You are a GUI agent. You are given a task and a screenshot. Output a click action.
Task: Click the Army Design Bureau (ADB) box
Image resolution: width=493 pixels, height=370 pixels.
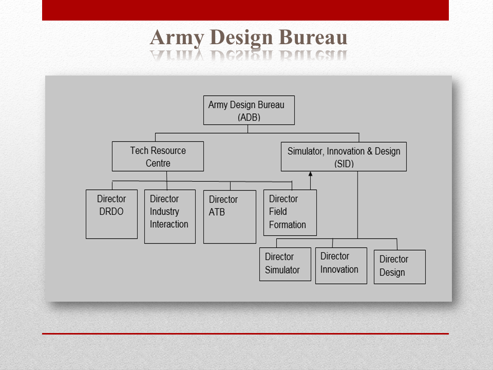(x=249, y=110)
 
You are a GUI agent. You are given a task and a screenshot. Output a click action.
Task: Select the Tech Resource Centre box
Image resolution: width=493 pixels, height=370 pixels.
(x=158, y=156)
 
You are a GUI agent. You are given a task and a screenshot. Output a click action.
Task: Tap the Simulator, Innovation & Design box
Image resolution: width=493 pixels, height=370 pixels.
(x=344, y=157)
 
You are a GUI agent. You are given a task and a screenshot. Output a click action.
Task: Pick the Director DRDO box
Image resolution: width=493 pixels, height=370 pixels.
(x=111, y=214)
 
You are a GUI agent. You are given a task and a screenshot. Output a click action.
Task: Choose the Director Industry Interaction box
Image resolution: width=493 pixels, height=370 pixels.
(x=169, y=216)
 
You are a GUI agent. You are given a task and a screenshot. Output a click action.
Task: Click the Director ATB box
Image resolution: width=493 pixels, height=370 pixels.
(x=230, y=216)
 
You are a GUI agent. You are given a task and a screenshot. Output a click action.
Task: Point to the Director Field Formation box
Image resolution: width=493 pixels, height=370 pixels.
(x=290, y=212)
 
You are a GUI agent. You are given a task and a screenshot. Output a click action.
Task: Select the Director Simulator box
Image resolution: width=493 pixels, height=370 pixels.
(x=285, y=264)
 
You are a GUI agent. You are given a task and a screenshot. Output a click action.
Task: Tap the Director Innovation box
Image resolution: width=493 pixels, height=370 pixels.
(x=340, y=266)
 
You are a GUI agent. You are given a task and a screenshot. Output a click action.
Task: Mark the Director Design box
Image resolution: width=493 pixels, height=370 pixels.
(x=399, y=267)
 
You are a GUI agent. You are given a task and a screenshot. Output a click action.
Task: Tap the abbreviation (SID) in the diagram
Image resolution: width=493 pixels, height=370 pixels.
(x=344, y=164)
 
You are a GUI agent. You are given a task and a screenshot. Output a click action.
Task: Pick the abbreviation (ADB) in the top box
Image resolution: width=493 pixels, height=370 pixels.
(x=249, y=117)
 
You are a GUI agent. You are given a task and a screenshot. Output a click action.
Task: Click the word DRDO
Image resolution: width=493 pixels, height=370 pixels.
(x=111, y=211)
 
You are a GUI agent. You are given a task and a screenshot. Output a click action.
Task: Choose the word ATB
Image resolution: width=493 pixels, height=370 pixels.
(x=217, y=212)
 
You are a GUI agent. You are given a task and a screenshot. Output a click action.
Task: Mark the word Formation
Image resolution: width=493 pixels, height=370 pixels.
(x=287, y=225)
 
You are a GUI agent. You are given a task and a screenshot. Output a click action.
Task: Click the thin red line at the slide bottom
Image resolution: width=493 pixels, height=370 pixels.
(x=245, y=334)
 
